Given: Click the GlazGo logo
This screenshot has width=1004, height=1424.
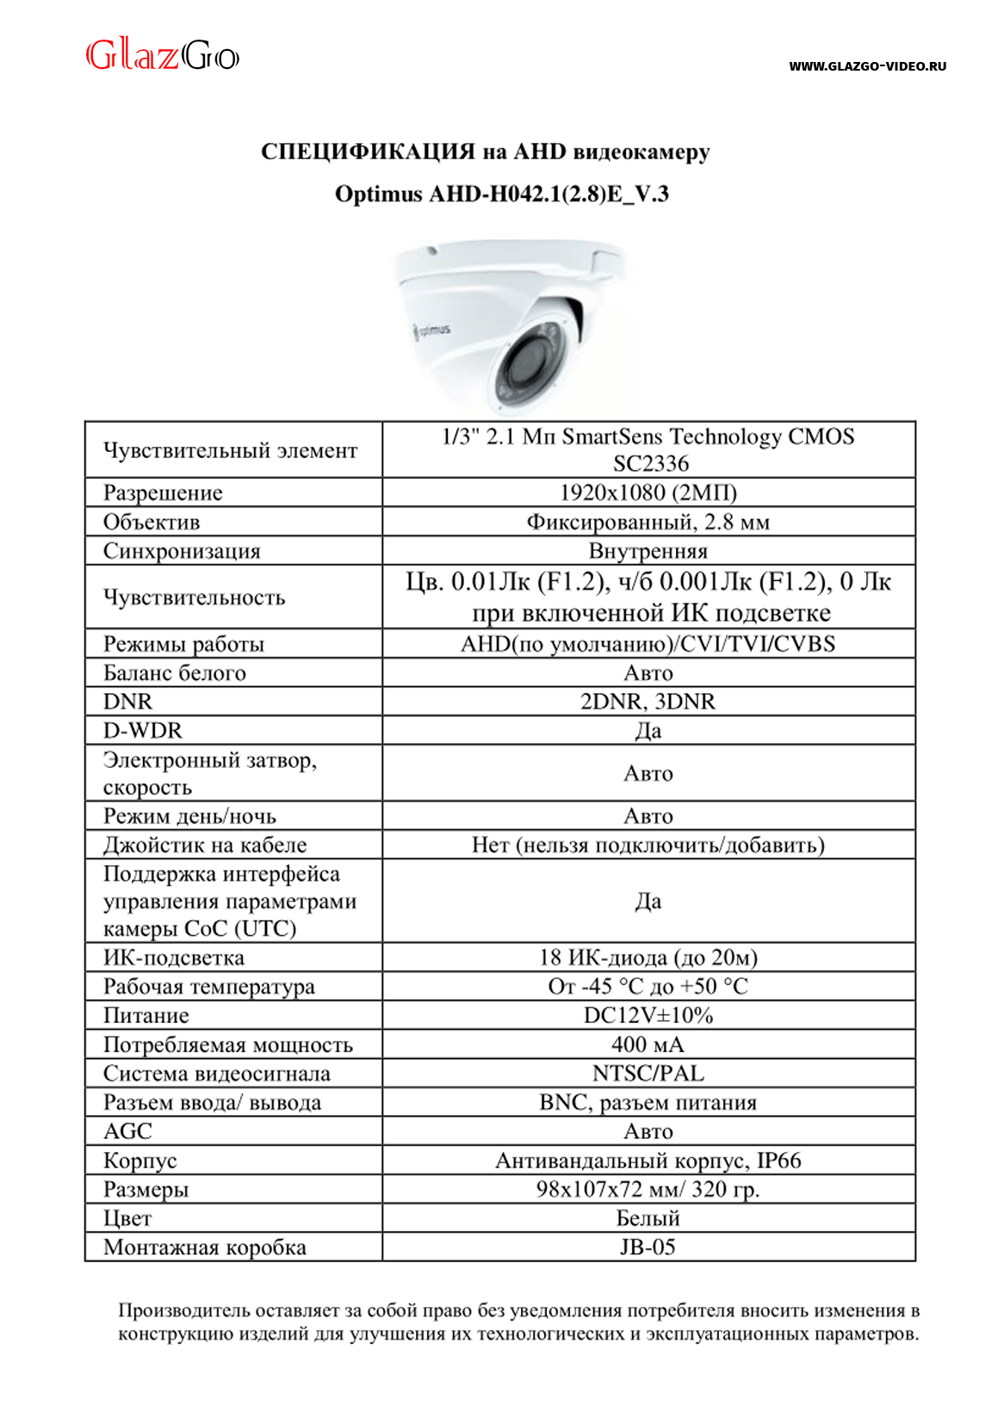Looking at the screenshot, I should [162, 56].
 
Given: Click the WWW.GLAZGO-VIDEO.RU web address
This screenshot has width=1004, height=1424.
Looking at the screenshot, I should [867, 66].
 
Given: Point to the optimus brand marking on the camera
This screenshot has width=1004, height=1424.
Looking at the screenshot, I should [433, 330].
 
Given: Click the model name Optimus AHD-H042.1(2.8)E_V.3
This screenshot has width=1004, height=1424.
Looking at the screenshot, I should [501, 195].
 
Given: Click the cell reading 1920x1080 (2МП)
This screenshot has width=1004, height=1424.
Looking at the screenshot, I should [648, 492].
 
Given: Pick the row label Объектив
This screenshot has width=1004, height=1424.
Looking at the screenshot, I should [152, 522].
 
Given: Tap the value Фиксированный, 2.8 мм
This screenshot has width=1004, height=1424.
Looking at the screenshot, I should [648, 522].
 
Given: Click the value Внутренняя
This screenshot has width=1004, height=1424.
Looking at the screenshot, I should [648, 551].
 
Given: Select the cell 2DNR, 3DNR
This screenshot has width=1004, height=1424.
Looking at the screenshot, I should [648, 702].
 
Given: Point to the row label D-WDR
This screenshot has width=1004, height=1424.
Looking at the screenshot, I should [143, 731].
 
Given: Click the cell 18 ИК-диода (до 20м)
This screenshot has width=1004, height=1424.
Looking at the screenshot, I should [648, 957].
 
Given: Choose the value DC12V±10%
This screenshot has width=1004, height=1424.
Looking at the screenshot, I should [648, 1016].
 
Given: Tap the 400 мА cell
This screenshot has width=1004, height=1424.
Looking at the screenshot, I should [648, 1045].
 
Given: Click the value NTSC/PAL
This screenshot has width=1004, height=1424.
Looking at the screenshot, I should [648, 1074].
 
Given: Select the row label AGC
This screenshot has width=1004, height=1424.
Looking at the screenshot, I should [127, 1131].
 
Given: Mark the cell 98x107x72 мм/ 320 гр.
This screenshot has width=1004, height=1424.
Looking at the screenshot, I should [648, 1190].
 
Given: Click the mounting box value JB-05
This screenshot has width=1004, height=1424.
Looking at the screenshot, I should [648, 1248].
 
